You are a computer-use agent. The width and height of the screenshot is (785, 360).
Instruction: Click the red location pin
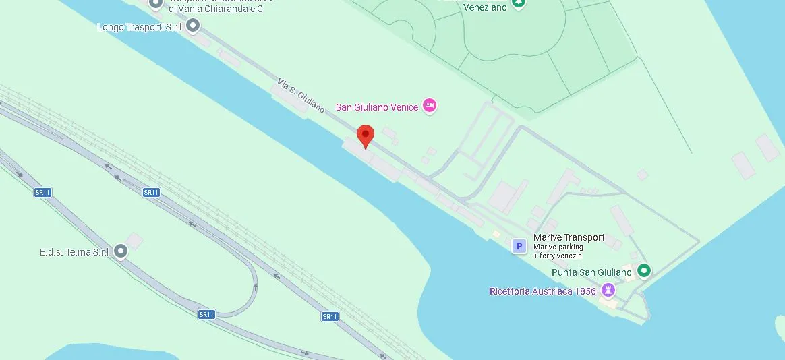(365, 135)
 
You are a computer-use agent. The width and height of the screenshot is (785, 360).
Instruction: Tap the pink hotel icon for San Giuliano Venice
(430, 106)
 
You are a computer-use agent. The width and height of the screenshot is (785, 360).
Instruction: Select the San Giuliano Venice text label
(376, 107)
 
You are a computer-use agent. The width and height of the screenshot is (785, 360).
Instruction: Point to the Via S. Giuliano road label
(301, 95)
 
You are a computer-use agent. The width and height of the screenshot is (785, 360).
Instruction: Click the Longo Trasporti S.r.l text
(139, 27)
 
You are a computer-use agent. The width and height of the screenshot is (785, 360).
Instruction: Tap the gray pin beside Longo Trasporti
(193, 26)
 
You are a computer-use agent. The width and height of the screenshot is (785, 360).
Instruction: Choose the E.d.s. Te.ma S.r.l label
(74, 252)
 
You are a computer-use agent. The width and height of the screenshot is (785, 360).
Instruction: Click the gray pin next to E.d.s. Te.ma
(121, 251)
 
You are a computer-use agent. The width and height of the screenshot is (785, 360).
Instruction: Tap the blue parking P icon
(519, 246)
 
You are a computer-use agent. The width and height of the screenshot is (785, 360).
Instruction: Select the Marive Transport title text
(569, 237)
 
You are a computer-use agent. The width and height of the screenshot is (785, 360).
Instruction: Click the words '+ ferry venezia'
(557, 256)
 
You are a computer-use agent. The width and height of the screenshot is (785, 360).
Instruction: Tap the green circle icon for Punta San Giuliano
(644, 271)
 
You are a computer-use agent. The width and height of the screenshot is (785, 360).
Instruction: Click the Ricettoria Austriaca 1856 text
(542, 291)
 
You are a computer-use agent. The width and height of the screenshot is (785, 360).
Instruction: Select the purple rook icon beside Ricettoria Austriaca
(608, 290)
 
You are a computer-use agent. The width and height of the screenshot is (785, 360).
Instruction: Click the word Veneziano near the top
(485, 7)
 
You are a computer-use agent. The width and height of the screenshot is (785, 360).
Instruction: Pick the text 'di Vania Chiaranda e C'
(215, 9)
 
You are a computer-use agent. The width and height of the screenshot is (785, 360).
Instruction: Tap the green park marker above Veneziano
(518, 2)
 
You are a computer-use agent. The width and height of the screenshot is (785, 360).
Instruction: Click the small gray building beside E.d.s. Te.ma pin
(135, 241)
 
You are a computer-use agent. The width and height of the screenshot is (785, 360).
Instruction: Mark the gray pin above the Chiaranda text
(156, 3)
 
